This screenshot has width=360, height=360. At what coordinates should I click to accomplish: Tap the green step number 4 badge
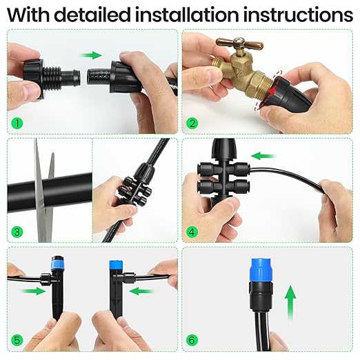pos(193,232)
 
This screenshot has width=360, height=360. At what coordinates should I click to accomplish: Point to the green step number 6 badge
pos(193,340)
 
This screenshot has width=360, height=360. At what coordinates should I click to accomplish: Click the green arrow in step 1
pos(90,54)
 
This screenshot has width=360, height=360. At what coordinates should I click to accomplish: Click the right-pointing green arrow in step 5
pos(31,291)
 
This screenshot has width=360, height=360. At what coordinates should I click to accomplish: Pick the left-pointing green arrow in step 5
pos(141,291)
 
